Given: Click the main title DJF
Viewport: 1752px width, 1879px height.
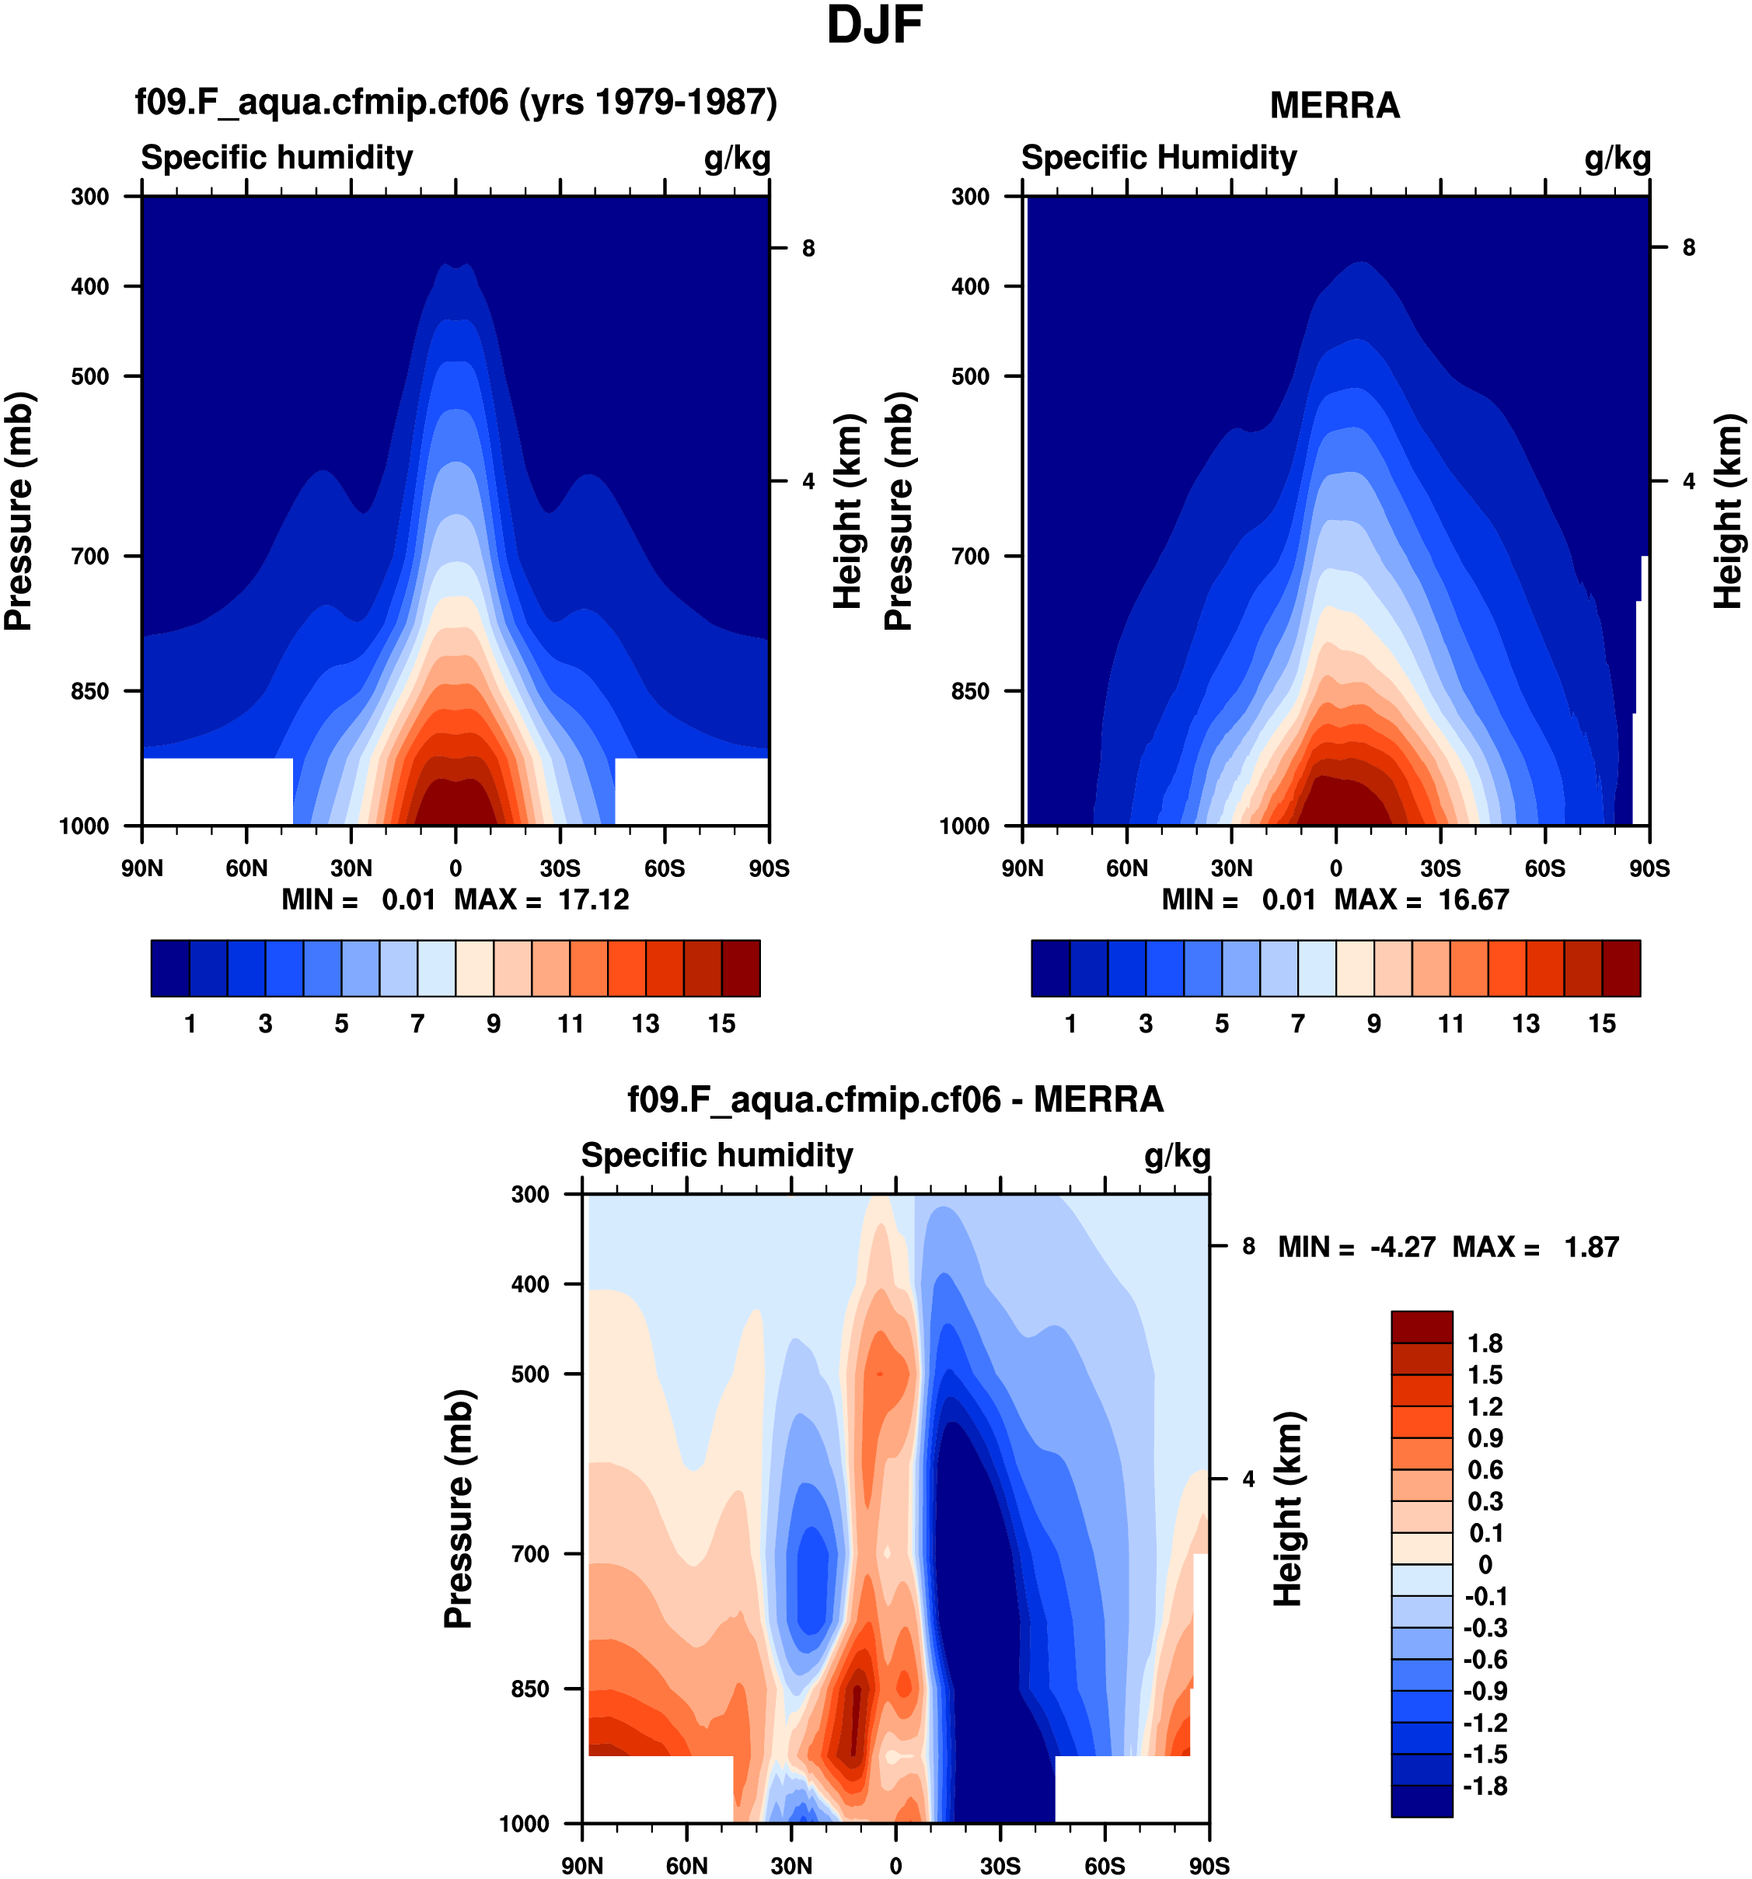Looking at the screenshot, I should pyautogui.click(x=874, y=26).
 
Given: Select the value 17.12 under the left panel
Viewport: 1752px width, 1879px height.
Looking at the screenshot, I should pyautogui.click(x=593, y=899).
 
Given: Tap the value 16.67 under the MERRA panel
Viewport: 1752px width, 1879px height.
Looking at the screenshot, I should pyautogui.click(x=1473, y=899).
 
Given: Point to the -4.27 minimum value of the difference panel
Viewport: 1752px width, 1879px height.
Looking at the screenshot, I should pyautogui.click(x=1402, y=1247).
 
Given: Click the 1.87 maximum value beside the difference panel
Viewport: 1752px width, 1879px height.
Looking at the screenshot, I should pyautogui.click(x=1591, y=1247).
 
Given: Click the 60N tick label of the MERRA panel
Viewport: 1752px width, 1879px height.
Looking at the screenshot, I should pyautogui.click(x=1126, y=868).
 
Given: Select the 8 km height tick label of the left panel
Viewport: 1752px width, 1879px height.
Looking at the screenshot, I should pyautogui.click(x=808, y=249).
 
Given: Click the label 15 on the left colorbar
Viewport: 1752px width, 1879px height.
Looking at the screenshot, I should pyautogui.click(x=721, y=1024).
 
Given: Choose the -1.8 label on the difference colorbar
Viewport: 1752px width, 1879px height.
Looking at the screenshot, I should pyautogui.click(x=1485, y=1786).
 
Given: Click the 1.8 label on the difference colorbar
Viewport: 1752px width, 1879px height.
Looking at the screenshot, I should pyautogui.click(x=1485, y=1343).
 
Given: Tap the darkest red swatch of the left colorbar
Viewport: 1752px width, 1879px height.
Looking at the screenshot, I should pyautogui.click(x=740, y=968).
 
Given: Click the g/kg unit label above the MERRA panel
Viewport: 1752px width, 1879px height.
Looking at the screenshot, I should pyautogui.click(x=1617, y=158).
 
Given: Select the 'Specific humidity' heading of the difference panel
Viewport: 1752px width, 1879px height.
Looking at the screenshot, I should pyautogui.click(x=717, y=1155).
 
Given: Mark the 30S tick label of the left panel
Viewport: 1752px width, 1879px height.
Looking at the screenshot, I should pyautogui.click(x=560, y=868).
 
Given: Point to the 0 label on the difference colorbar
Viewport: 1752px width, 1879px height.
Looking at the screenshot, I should pyautogui.click(x=1485, y=1564).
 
